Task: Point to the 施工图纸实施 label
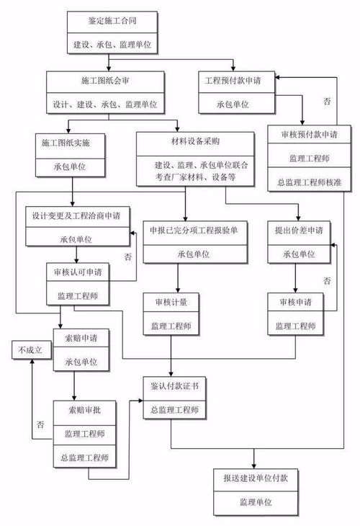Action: point(72,143)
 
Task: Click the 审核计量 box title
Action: point(170,300)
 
